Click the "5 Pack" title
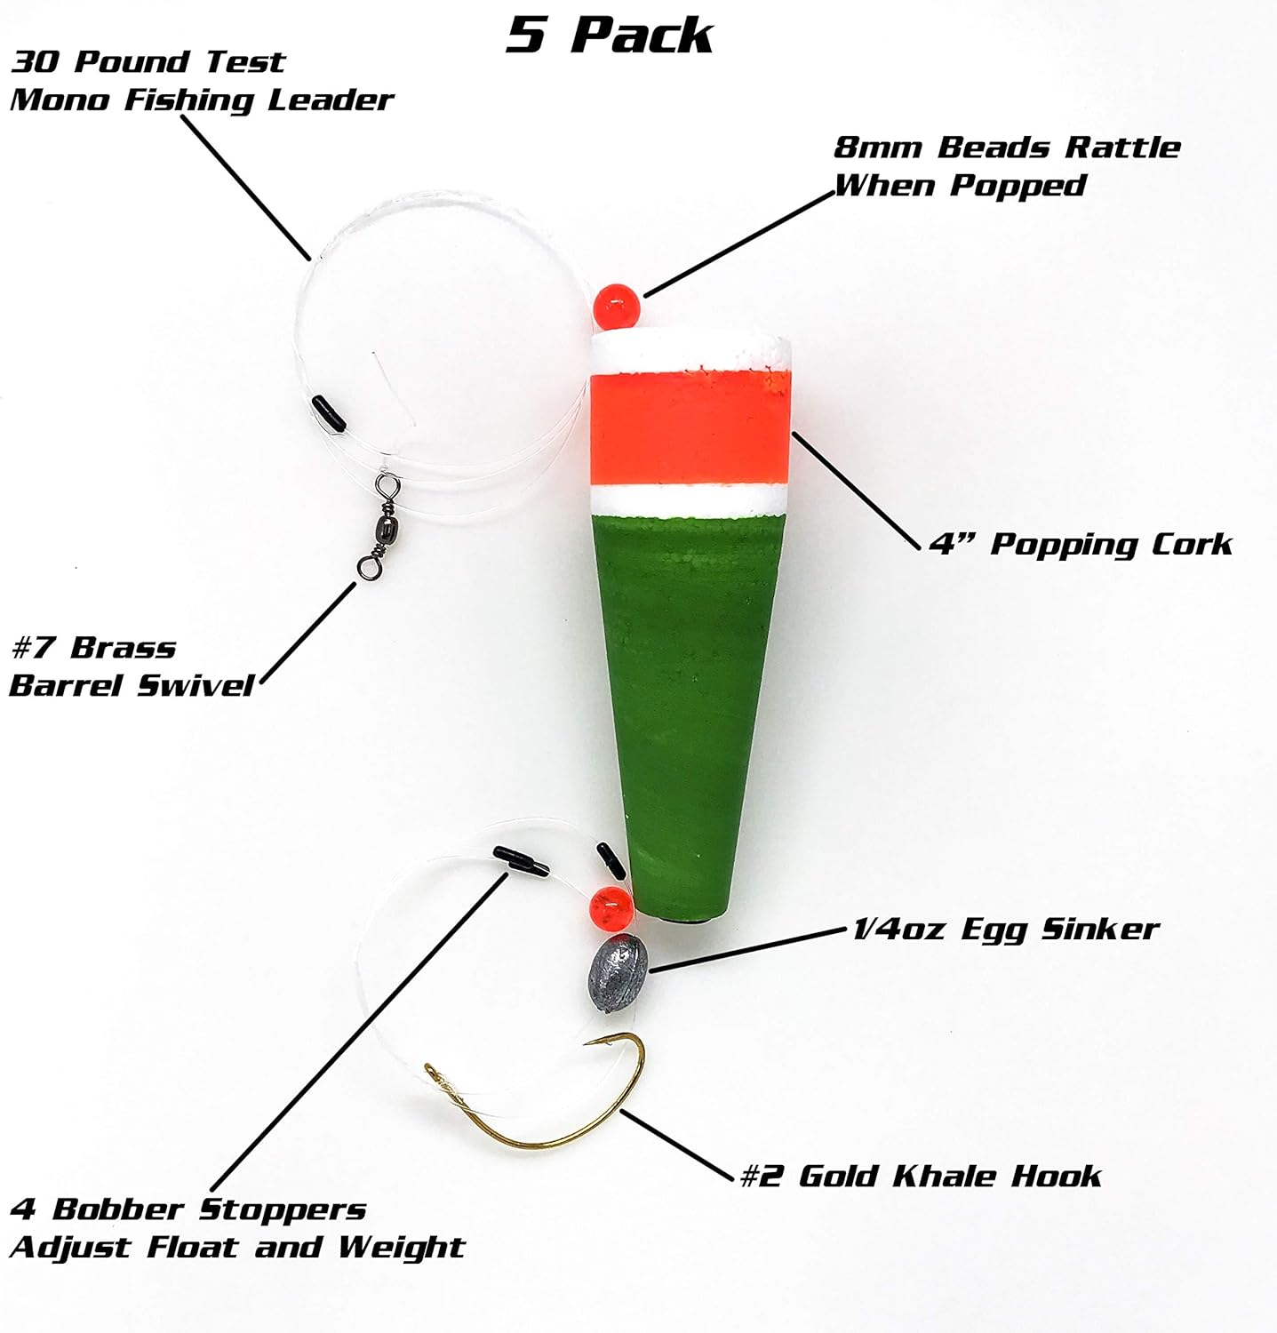(x=610, y=35)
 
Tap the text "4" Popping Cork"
(x=1081, y=544)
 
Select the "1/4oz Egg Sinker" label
(x=1005, y=930)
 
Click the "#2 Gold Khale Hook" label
(x=920, y=1176)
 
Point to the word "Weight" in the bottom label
(x=401, y=1248)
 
